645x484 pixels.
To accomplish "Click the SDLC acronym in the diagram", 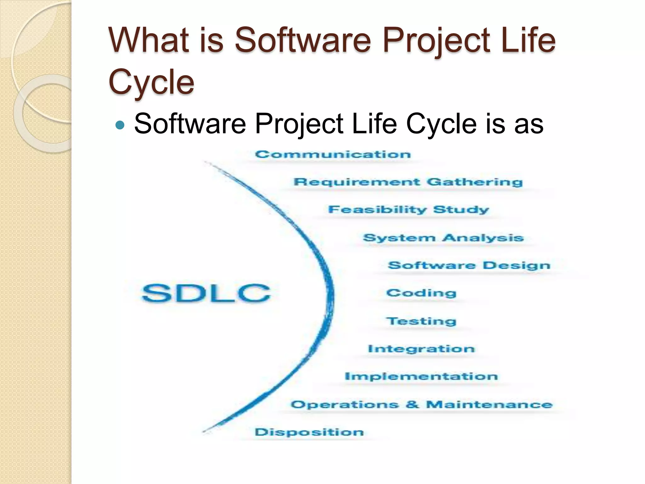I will click(x=206, y=293).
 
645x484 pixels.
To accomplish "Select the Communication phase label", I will click(x=333, y=154).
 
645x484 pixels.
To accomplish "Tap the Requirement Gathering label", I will click(x=408, y=182).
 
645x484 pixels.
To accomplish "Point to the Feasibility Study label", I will click(x=408, y=210).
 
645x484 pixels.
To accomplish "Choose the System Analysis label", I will click(x=443, y=238).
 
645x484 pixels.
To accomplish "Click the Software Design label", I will click(x=469, y=265).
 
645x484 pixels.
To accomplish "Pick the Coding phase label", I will click(x=421, y=293).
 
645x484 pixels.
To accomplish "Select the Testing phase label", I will click(x=421, y=321).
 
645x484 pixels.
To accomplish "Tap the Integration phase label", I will click(x=421, y=349).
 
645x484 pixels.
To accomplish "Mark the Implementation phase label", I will click(x=421, y=376).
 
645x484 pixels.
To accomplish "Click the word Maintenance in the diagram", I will click(x=489, y=404).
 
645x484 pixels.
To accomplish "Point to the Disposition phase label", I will click(x=309, y=432).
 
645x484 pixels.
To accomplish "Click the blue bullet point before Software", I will click(x=120, y=125).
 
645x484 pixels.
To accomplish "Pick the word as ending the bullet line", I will click(x=529, y=124).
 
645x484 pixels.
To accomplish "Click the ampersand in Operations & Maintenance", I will click(x=412, y=404).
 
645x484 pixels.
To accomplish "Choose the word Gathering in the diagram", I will click(x=475, y=182).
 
